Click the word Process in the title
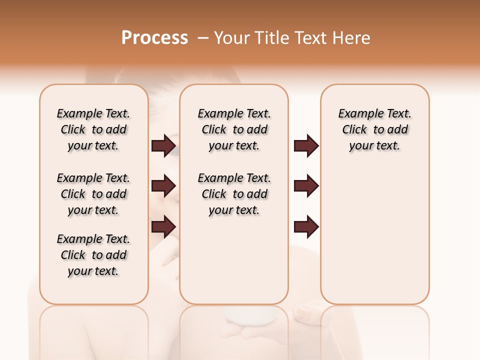pyautogui.click(x=154, y=38)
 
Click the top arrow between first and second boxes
pyautogui.click(x=163, y=146)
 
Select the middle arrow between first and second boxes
pyautogui.click(x=163, y=186)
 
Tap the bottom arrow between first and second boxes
pyautogui.click(x=163, y=226)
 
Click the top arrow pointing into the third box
pyautogui.click(x=306, y=146)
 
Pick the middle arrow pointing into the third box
pyautogui.click(x=306, y=186)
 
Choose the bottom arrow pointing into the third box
pyautogui.click(x=306, y=226)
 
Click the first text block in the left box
pyautogui.click(x=93, y=129)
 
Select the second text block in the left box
pyautogui.click(x=93, y=194)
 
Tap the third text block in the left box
pyautogui.click(x=93, y=255)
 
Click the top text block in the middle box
pyautogui.click(x=234, y=129)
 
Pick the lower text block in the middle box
pyautogui.click(x=234, y=194)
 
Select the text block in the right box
pyautogui.click(x=374, y=129)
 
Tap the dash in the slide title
pyautogui.click(x=203, y=38)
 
